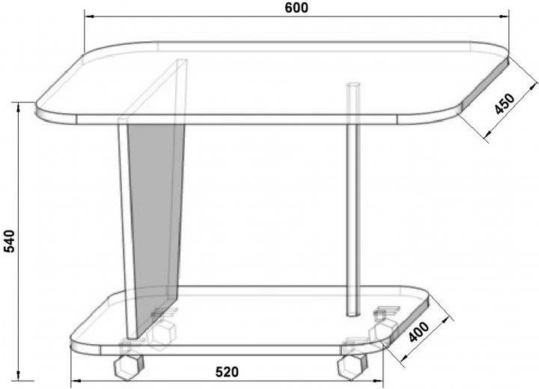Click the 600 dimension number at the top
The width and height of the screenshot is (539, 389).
(296, 7)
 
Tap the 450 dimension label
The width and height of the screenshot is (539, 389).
(505, 103)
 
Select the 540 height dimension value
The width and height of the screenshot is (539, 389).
(9, 241)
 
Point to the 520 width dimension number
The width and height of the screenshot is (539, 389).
(227, 372)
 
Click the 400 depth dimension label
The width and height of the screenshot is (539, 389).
(418, 332)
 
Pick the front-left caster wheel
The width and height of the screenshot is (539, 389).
(128, 367)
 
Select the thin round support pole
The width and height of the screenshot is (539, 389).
(353, 199)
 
